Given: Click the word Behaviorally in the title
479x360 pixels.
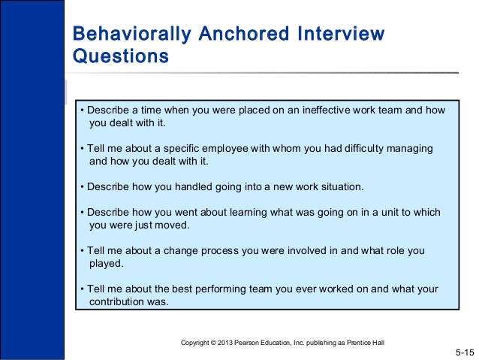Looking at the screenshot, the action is (x=132, y=34).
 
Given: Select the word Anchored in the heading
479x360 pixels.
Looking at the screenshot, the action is (x=244, y=33).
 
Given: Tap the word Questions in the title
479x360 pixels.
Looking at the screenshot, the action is (x=121, y=56).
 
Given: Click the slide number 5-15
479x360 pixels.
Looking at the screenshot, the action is (x=465, y=352).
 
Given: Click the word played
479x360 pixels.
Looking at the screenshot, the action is (x=107, y=264).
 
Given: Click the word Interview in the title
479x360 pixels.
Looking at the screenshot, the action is (x=341, y=33).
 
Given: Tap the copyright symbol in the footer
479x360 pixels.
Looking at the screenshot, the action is (x=213, y=343).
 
